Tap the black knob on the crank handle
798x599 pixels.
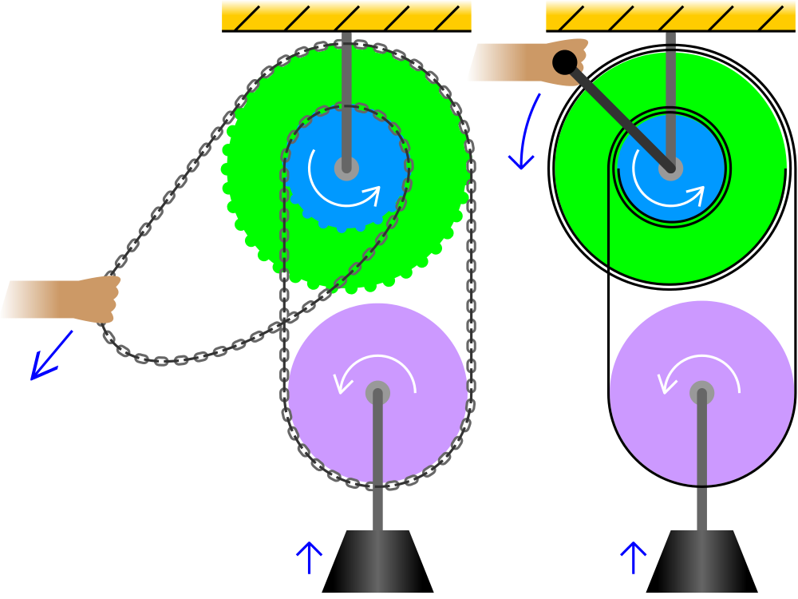(565, 62)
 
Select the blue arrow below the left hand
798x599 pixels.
(50, 356)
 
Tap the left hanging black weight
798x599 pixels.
(377, 562)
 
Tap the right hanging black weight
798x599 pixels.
(701, 562)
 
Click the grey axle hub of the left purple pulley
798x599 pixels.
(377, 392)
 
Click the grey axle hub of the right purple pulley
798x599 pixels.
(701, 392)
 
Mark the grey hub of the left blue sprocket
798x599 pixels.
(346, 168)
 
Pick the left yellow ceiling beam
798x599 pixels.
(346, 14)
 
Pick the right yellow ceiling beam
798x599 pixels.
(670, 14)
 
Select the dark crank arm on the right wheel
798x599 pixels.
(618, 116)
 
